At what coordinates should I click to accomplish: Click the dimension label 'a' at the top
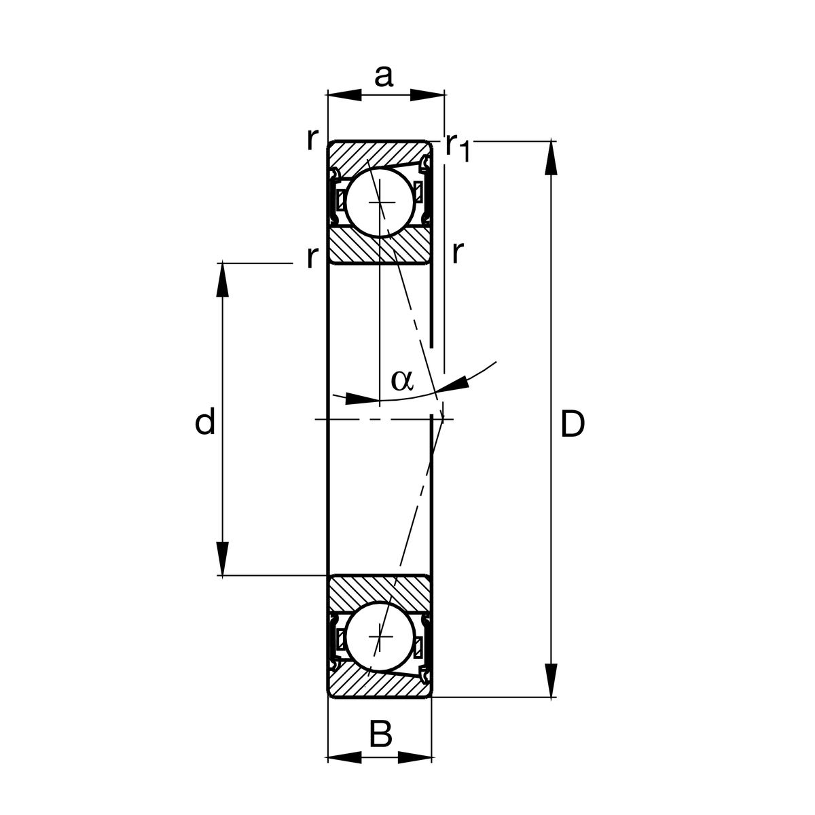click(384, 76)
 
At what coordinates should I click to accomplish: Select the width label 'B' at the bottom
click(380, 735)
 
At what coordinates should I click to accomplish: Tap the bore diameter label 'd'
click(205, 422)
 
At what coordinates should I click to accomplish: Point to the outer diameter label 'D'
click(572, 425)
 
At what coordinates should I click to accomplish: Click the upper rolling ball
click(379, 202)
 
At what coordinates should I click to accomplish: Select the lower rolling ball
click(379, 637)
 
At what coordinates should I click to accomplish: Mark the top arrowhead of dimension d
click(222, 279)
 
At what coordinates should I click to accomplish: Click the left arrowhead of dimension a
click(344, 96)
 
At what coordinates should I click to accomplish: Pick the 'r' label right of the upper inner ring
click(457, 253)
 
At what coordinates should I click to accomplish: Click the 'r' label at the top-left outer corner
click(312, 139)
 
